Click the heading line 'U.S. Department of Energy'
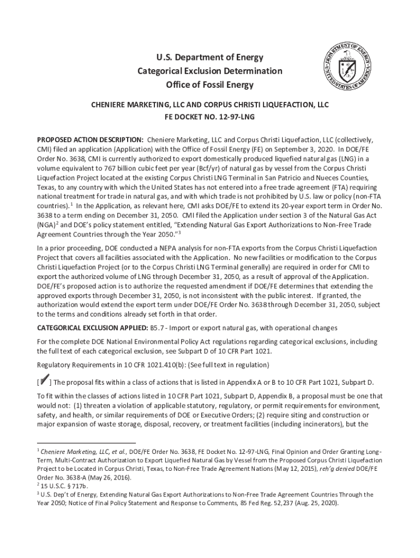pos(209,57)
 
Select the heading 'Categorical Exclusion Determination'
pos(209,71)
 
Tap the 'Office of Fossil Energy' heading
pos(209,85)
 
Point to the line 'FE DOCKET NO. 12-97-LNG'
pos(209,117)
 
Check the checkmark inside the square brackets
pos(45,380)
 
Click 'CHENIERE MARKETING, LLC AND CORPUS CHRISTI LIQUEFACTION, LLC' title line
pos(209,105)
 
